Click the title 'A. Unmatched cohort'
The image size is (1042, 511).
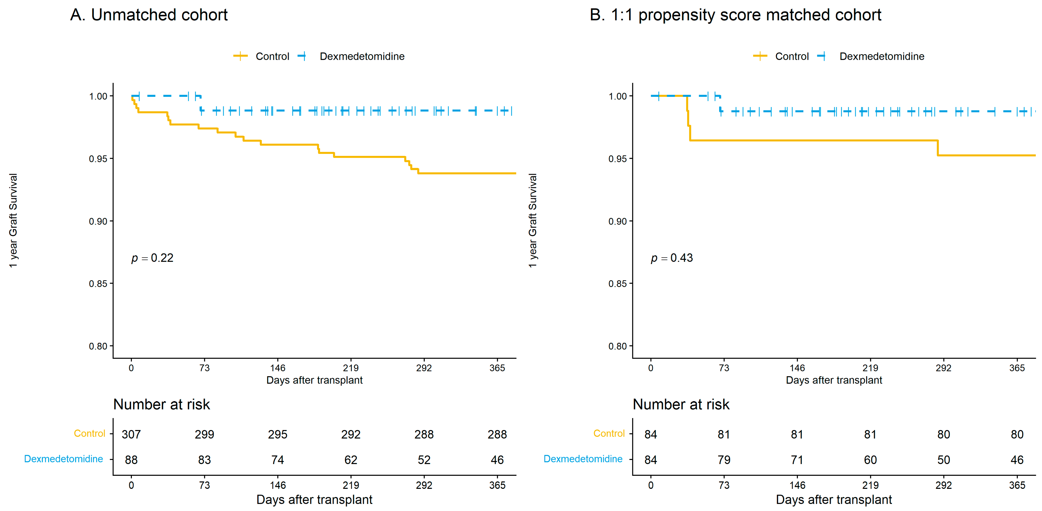149,15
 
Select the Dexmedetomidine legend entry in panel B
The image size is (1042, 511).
870,56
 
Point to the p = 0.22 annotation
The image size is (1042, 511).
152,258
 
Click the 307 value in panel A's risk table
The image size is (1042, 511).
131,434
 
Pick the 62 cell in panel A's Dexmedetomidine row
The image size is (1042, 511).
351,460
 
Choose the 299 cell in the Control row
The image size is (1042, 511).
204,434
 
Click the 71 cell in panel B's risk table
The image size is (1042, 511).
797,460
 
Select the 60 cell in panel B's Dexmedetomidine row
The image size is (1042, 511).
870,460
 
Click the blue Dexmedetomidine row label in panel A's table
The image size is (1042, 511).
64,459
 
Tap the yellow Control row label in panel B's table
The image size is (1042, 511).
609,433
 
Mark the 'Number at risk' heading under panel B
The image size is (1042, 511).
681,404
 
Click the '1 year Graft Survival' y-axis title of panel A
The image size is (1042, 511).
13,221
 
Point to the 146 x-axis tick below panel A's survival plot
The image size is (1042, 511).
277,368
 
